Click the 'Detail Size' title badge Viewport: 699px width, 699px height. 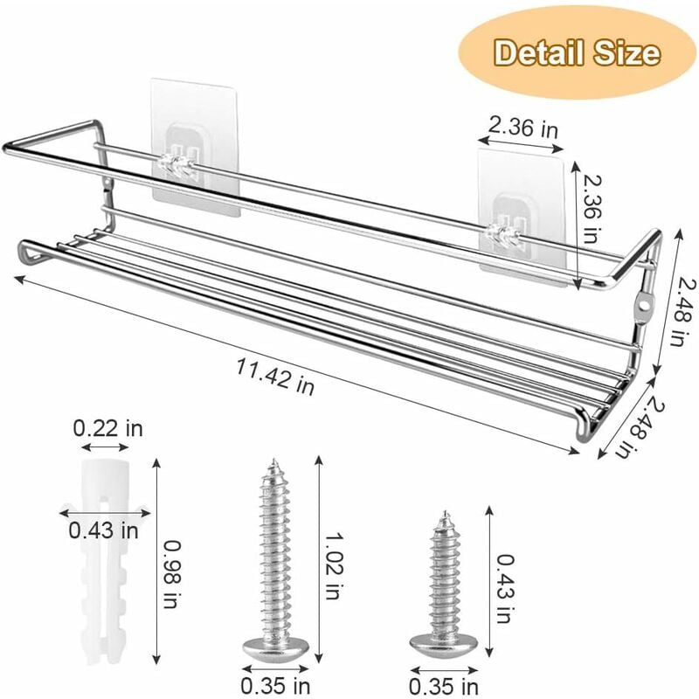coord(577,52)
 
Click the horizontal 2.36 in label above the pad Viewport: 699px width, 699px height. coord(523,128)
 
